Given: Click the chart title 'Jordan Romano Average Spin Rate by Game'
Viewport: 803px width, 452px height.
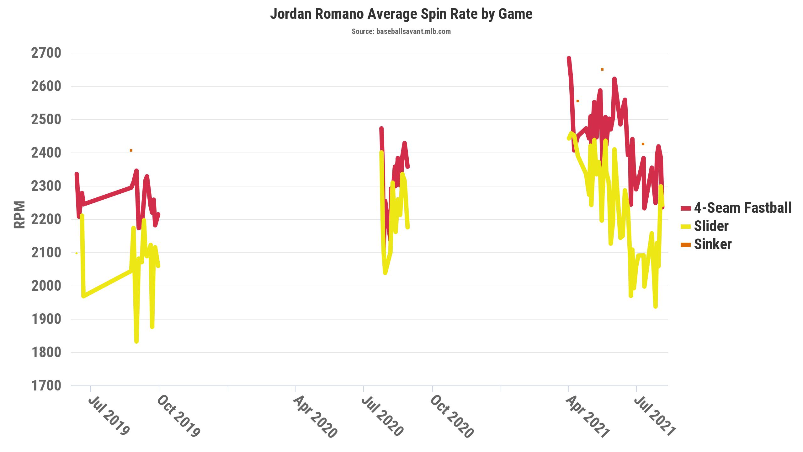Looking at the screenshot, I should click(401, 14).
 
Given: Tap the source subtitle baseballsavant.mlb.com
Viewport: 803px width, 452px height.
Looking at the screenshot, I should click(401, 31).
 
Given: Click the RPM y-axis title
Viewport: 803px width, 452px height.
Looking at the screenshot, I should click(20, 215).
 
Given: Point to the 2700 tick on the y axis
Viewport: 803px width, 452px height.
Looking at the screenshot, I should click(46, 53).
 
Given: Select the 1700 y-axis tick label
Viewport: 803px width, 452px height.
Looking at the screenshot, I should click(46, 386).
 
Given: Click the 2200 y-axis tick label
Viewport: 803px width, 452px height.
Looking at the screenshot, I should click(46, 219).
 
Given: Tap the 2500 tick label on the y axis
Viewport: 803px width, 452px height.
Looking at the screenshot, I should click(46, 120).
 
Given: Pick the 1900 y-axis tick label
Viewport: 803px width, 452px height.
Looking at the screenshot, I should click(46, 319).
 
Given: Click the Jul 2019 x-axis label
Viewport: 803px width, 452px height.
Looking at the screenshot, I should click(109, 416).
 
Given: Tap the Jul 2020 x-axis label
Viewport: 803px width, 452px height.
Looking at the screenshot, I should click(382, 416).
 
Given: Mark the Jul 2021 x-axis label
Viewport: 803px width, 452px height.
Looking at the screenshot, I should click(654, 416).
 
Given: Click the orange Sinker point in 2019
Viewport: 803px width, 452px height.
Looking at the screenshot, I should click(131, 150).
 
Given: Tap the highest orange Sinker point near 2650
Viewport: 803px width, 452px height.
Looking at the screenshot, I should click(602, 69).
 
